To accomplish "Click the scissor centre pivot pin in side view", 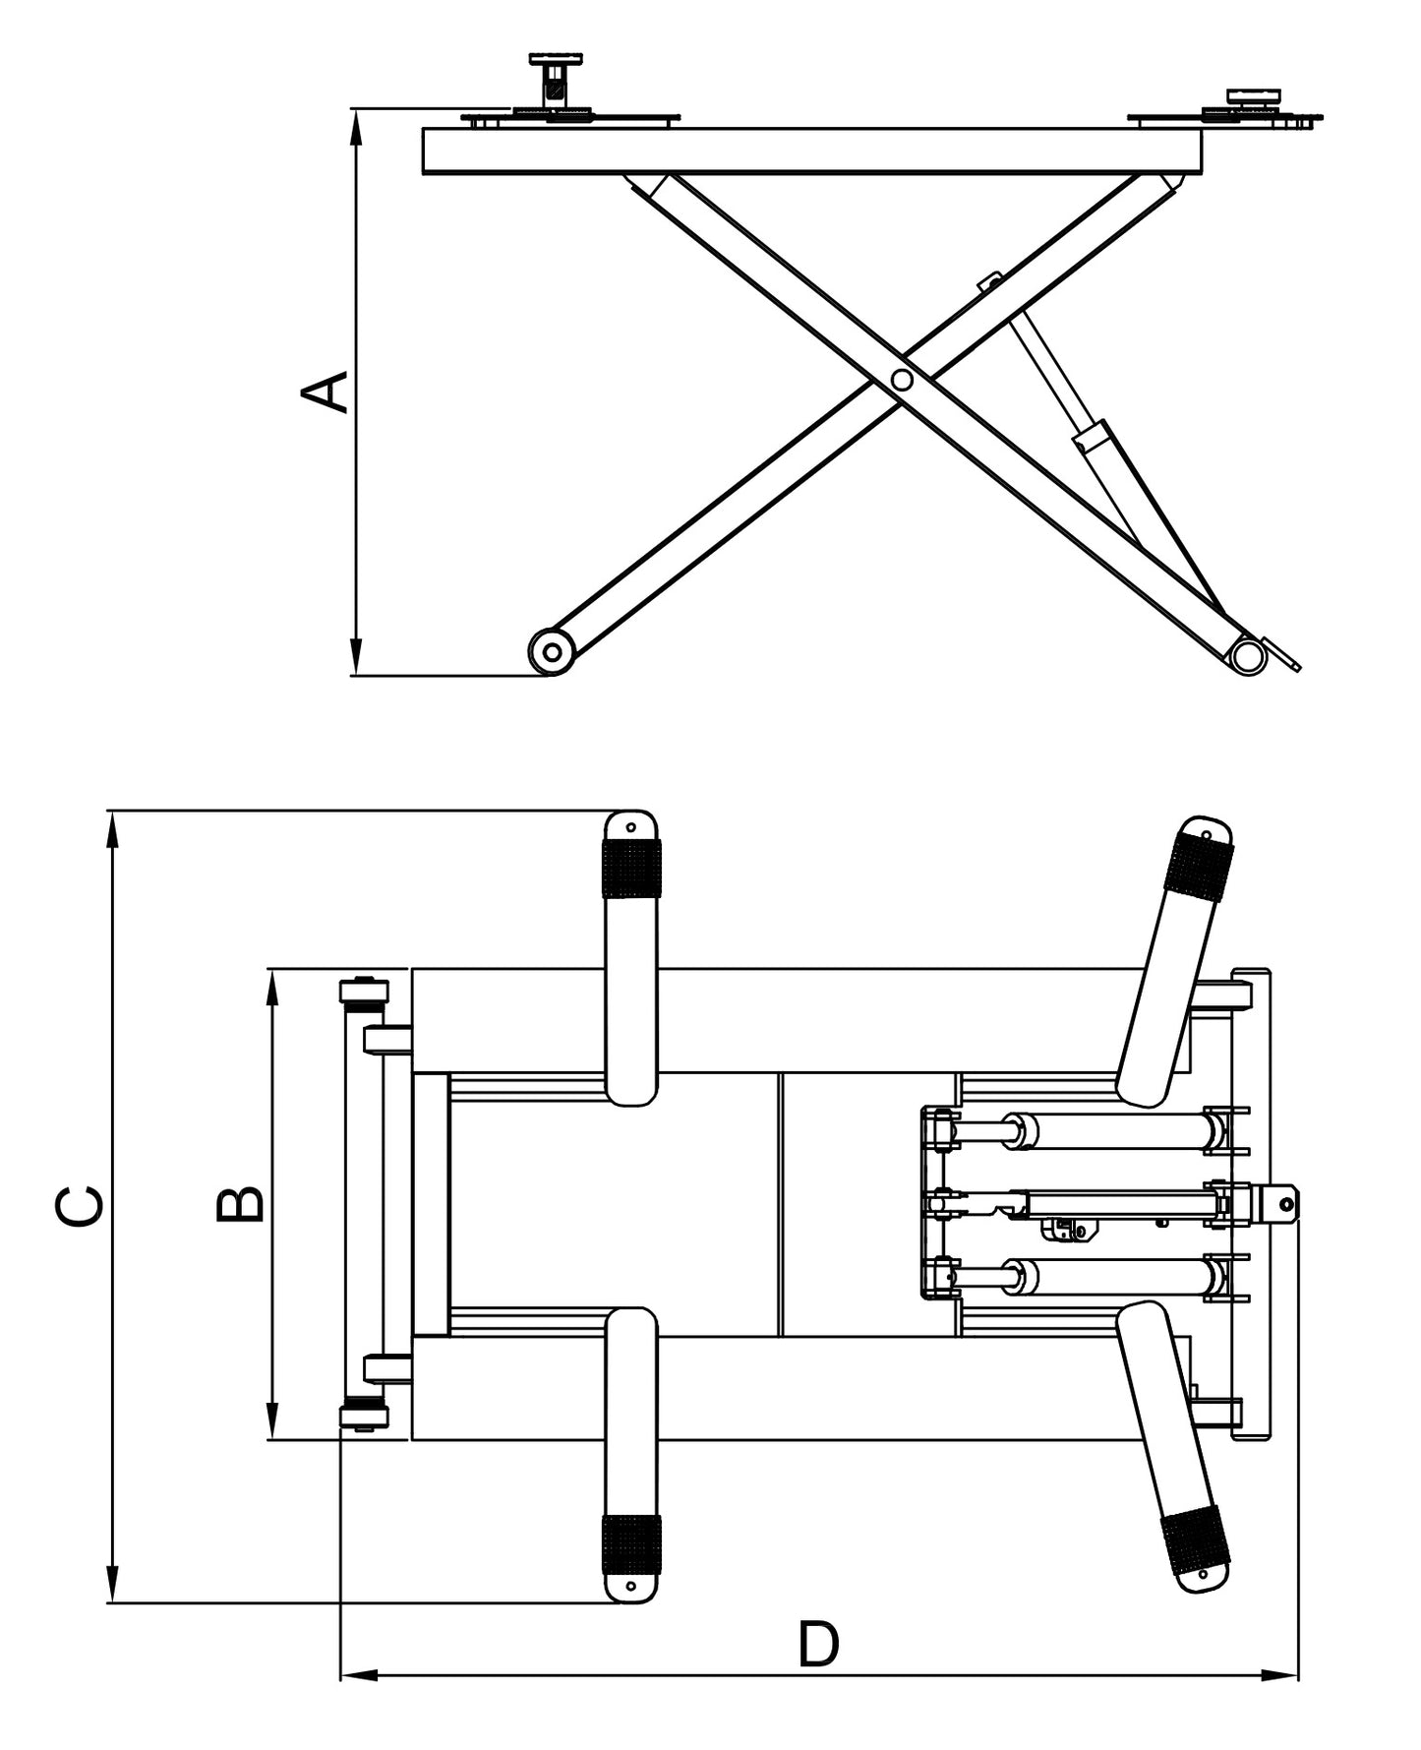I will (902, 380).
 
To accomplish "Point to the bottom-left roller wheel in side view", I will (551, 651).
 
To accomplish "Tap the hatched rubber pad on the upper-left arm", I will (631, 869).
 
